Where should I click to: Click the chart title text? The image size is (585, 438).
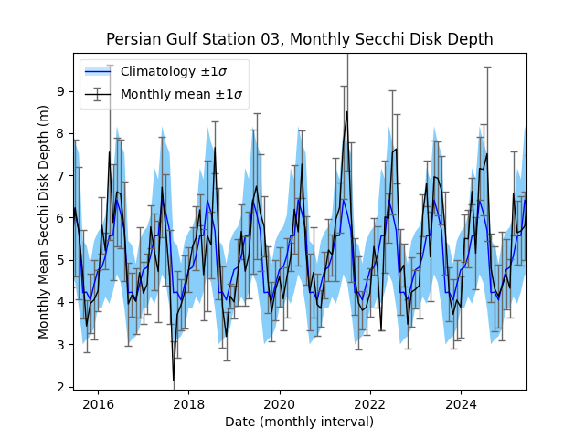click(299, 39)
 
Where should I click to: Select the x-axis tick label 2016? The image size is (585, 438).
click(98, 404)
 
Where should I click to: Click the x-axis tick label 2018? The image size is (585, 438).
click(188, 404)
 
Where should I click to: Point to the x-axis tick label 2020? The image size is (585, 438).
click(279, 404)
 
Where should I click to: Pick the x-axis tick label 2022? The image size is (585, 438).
click(369, 404)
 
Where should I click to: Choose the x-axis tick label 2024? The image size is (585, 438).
click(460, 404)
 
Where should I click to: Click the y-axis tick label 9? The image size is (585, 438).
click(60, 91)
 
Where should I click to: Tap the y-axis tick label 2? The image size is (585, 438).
click(60, 387)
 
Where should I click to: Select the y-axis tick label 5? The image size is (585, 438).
click(60, 260)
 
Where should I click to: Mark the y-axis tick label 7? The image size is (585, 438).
click(60, 175)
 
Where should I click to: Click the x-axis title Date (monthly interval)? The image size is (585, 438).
click(299, 422)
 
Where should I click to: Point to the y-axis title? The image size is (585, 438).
click(44, 222)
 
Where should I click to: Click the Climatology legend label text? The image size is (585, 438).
click(182, 71)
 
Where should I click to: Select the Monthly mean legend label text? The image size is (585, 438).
click(182, 94)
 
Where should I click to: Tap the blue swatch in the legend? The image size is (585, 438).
click(98, 71)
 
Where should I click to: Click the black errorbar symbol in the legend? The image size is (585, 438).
click(98, 94)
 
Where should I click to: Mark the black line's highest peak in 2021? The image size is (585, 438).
click(347, 111)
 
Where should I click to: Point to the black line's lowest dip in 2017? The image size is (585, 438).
click(174, 380)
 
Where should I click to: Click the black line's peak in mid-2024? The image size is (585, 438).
click(487, 153)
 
